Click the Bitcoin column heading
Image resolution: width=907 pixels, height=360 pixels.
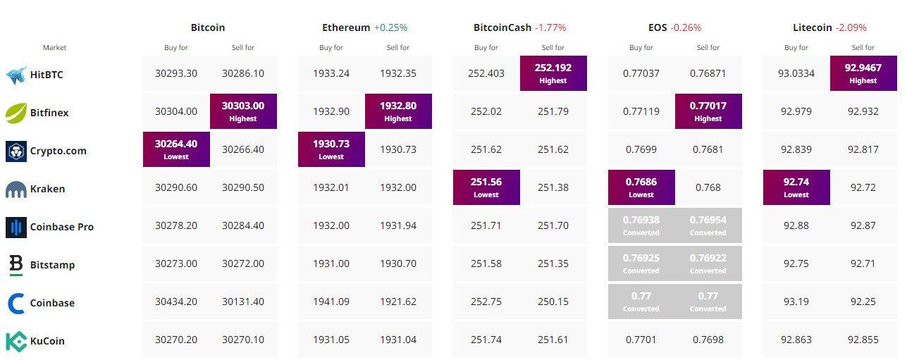tap(208, 27)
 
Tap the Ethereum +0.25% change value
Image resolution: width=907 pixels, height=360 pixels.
tap(390, 27)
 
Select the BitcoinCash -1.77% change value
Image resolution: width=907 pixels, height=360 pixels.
tap(550, 27)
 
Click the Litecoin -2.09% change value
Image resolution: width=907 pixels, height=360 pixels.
tap(851, 27)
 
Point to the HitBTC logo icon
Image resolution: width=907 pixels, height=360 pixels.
tap(16, 75)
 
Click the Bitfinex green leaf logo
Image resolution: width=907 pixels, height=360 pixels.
tap(16, 113)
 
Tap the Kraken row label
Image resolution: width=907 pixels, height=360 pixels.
tap(47, 189)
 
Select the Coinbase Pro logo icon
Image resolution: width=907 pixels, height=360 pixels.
tap(16, 227)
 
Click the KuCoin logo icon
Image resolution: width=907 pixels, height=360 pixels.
tap(16, 341)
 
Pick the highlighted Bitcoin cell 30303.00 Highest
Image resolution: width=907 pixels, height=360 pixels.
tap(243, 111)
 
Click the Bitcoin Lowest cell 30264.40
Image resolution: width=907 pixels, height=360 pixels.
tap(176, 149)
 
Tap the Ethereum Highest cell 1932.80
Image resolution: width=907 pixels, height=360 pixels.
tap(398, 111)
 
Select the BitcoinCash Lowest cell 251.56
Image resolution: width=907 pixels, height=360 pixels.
tap(486, 187)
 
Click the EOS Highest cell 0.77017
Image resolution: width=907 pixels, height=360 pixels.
tap(708, 111)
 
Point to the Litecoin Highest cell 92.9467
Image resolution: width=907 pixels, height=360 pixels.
tap(863, 73)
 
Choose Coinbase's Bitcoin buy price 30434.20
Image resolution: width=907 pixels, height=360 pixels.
tap(176, 302)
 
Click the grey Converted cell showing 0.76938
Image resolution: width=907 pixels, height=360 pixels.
tap(641, 225)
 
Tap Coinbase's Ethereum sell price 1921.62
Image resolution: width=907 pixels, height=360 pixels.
tap(398, 302)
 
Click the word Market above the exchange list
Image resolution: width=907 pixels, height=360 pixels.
tap(54, 48)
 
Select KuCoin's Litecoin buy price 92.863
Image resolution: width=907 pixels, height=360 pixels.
tap(796, 340)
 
